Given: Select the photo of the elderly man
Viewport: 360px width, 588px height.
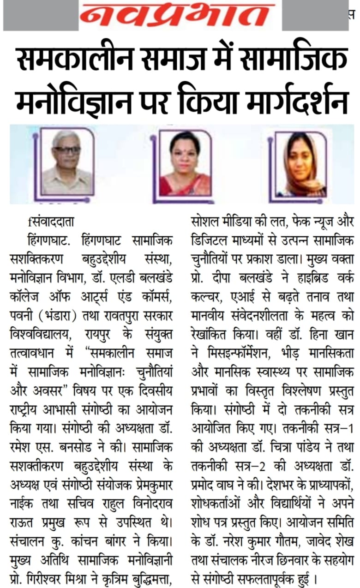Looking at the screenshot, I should [x=66, y=162].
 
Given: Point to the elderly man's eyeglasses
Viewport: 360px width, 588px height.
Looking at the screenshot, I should [x=66, y=150].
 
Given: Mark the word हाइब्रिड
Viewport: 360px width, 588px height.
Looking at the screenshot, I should [x=294, y=270].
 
